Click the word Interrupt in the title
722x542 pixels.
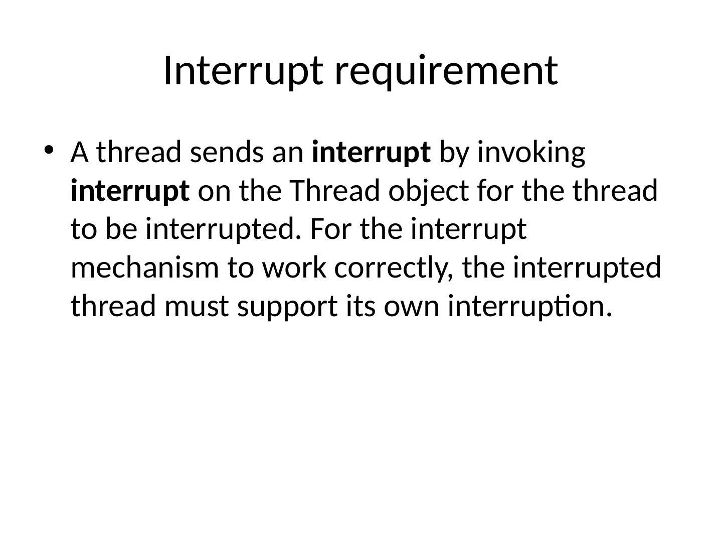243,71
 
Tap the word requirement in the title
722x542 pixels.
446,71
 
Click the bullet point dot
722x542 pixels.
48,151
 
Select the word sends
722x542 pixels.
227,152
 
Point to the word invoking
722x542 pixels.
531,154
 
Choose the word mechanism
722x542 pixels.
145,267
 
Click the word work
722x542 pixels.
294,267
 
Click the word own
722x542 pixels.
411,309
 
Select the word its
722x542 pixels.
361,306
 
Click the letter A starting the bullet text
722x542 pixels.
80,152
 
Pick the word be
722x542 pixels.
121,229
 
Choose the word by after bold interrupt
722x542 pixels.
454,154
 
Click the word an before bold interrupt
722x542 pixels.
288,155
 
